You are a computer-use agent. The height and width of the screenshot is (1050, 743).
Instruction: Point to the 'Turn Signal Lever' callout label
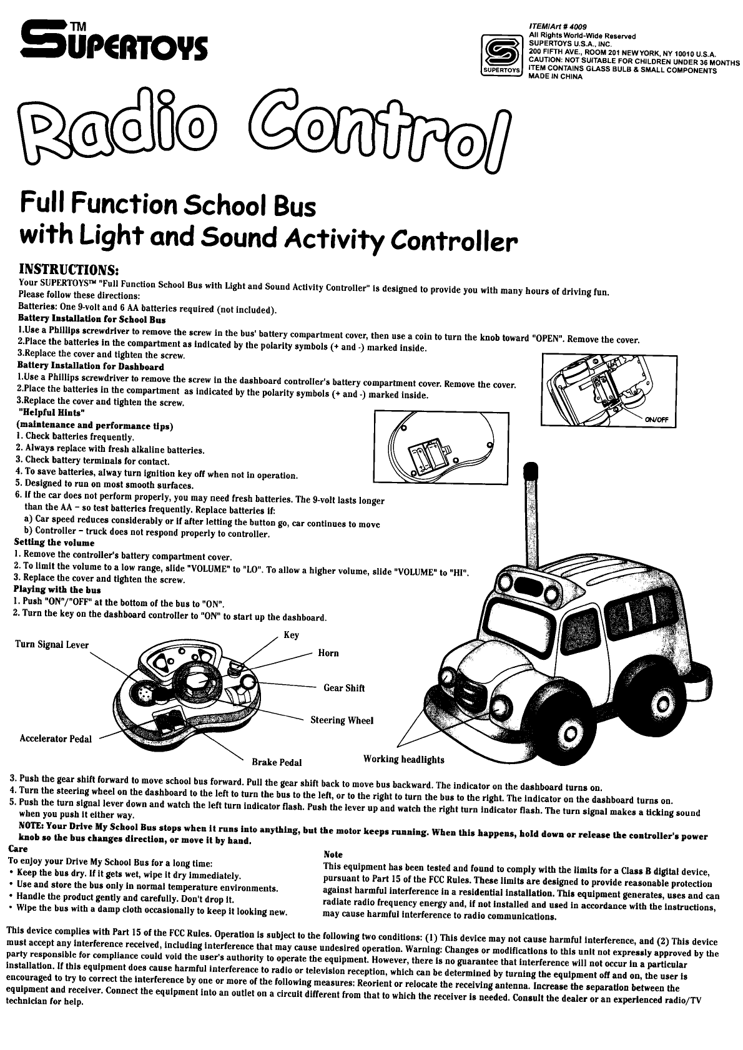coord(52,645)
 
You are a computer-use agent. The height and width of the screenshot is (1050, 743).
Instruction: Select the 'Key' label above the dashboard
coord(291,635)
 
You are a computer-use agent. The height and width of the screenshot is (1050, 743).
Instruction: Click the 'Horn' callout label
coord(328,654)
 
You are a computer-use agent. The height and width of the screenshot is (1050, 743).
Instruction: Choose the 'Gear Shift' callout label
coord(344,688)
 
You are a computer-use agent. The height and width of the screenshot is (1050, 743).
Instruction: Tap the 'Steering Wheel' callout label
coord(342,720)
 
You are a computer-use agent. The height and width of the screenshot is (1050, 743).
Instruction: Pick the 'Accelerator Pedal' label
coord(56,739)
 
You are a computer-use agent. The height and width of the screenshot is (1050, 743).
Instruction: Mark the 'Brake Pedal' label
coord(277,762)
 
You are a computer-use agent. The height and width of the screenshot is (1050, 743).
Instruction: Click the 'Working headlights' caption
coord(404,760)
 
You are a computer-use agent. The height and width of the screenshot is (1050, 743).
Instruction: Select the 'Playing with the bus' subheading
coord(57,590)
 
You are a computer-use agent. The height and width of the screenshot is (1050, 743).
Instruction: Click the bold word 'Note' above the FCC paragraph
coord(333,854)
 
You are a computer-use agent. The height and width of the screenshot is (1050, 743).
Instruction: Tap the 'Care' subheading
coord(17,850)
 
